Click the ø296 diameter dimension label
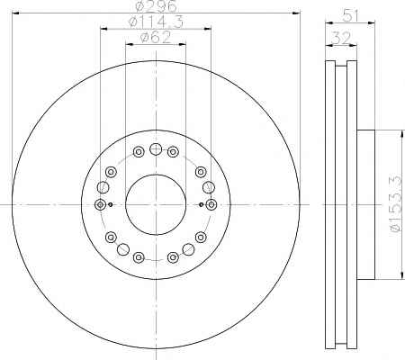[157, 6]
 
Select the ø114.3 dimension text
[156, 22]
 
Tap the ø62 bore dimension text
[156, 38]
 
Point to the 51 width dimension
[351, 16]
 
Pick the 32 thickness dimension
[341, 39]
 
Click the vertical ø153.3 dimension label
[397, 204]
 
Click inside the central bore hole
[156, 204]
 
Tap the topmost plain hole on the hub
[156, 148]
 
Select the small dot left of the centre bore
[110, 204]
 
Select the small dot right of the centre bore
[202, 204]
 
